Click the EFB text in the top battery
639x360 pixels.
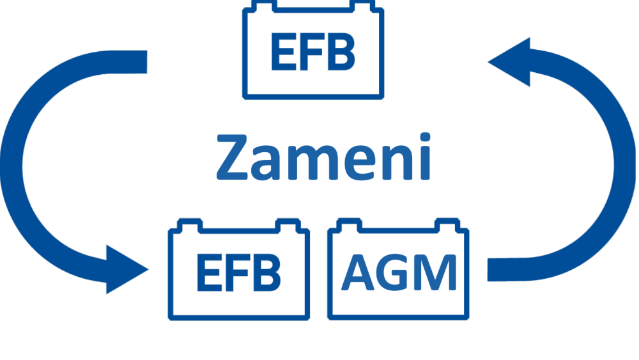[x=312, y=53]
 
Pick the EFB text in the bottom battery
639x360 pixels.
[x=238, y=272]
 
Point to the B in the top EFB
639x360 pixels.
[x=341, y=53]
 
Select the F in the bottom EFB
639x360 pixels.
[x=238, y=272]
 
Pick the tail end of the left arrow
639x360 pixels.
[x=141, y=62]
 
